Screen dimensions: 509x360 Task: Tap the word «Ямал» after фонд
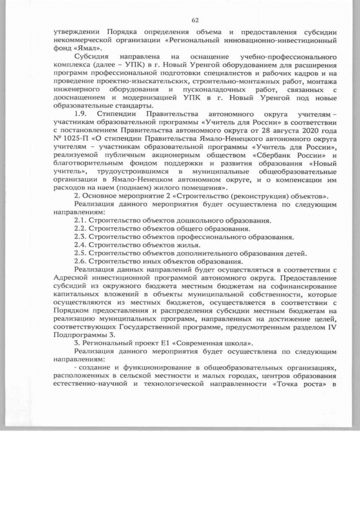click(x=79, y=48)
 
